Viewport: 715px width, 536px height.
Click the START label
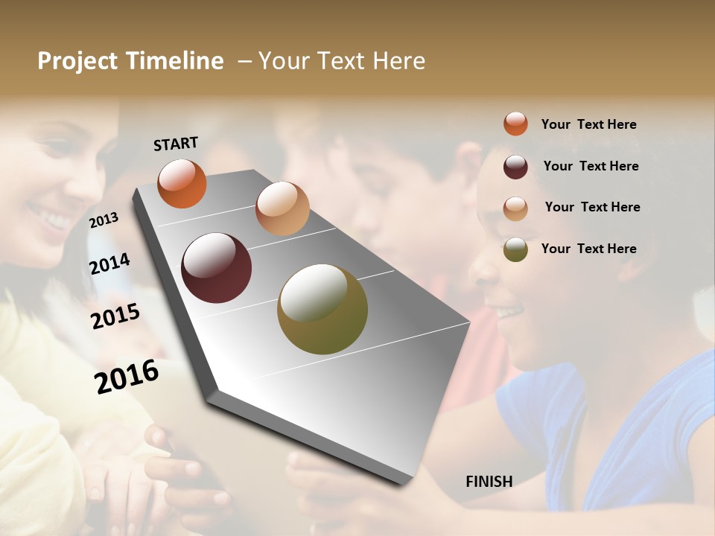(176, 144)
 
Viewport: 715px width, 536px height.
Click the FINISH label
(489, 482)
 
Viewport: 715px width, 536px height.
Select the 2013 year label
(104, 220)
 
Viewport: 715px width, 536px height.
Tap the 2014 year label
(109, 264)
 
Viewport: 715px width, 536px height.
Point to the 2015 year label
(115, 316)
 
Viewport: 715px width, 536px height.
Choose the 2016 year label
(127, 376)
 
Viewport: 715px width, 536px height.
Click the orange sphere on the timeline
(182, 183)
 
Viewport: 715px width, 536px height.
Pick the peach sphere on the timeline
(282, 208)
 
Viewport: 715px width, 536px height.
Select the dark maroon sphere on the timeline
(216, 268)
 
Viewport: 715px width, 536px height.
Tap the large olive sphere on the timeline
(322, 309)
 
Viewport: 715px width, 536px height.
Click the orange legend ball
(515, 124)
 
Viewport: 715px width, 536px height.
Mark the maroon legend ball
(515, 167)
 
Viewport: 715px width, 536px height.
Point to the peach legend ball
(515, 208)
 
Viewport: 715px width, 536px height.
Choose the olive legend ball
(515, 249)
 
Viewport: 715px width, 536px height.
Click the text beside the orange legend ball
(588, 124)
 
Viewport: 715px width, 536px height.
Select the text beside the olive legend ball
(588, 249)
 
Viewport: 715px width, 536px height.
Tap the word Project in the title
(77, 61)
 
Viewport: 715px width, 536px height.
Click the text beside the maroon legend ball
(591, 166)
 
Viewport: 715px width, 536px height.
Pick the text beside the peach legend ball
(592, 207)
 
